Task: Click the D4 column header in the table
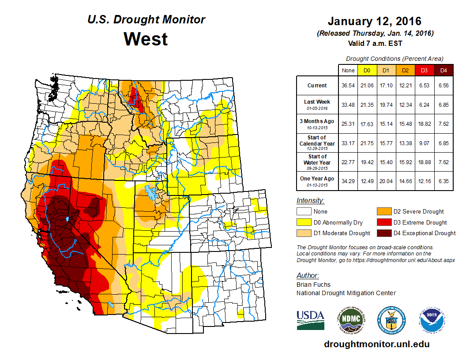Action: pos(443,71)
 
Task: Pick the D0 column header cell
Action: pos(367,71)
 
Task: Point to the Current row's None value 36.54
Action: pos(348,86)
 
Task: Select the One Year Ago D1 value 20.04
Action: pos(386,179)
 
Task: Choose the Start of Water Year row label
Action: pos(317,159)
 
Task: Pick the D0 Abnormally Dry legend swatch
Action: pos(303,222)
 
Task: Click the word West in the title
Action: pos(146,39)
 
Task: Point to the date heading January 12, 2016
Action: pos(375,21)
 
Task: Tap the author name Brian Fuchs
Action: pos(313,285)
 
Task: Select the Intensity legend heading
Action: pos(310,200)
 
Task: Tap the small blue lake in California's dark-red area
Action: pos(67,218)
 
